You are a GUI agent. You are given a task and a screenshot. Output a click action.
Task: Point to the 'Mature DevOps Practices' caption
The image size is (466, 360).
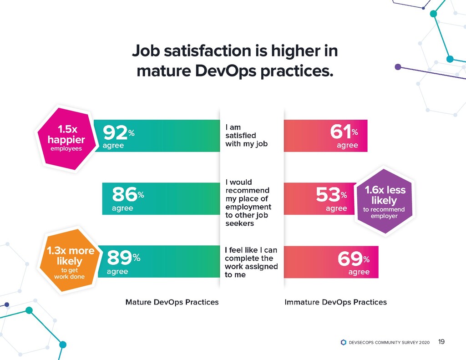[172, 302]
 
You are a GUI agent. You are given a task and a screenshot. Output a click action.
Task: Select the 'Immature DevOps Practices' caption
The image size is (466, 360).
[335, 302]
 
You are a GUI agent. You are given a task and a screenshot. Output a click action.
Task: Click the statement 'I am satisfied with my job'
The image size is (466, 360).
[246, 136]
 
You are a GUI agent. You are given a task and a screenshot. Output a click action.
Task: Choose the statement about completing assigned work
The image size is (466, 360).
[251, 262]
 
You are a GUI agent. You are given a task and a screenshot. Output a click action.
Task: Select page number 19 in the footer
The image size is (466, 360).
[441, 342]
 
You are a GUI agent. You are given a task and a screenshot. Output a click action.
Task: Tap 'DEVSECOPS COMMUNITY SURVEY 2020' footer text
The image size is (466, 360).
[389, 342]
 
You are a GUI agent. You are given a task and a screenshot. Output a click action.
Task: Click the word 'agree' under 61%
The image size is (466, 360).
[347, 146]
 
